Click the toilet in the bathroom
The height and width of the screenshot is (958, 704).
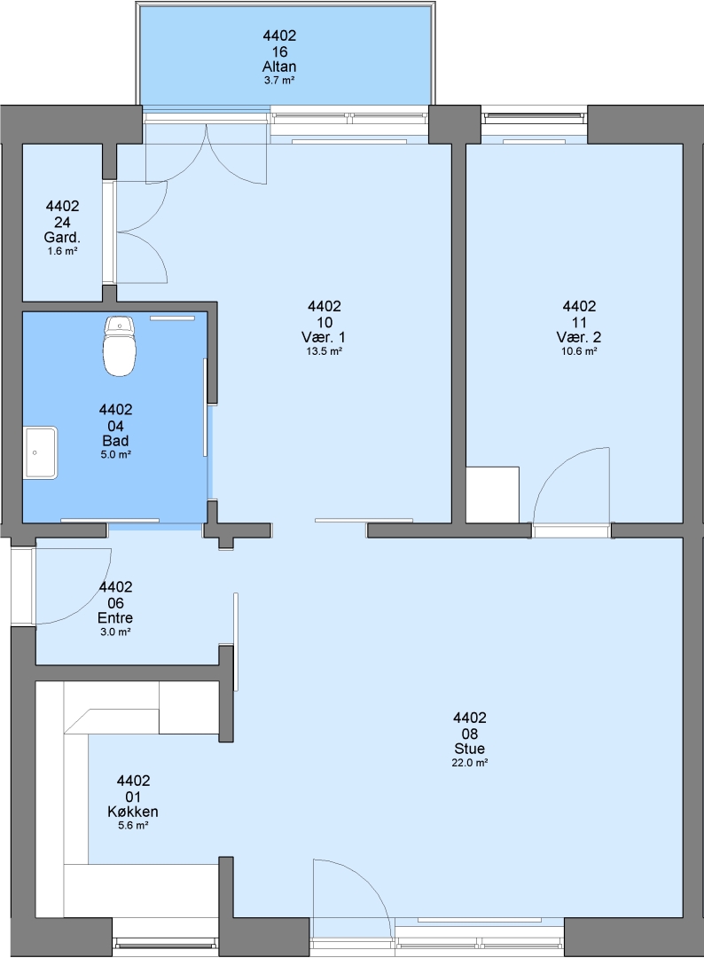pos(119,346)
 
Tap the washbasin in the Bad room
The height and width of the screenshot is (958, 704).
pos(41,452)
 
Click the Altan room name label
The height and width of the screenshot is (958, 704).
pos(279,67)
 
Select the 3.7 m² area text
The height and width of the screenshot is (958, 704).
pos(279,80)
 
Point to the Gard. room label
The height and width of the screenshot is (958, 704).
pos(62,237)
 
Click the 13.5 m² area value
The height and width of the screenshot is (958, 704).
pos(325,351)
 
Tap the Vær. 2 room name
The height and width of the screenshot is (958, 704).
pos(579,337)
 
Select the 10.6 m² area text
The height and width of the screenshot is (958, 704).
pos(579,351)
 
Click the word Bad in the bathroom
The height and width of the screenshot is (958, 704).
pos(115,441)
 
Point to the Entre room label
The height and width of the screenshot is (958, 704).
pos(115,617)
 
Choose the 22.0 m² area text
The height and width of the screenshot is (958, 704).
pos(470,763)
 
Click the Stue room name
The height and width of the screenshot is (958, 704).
pos(470,749)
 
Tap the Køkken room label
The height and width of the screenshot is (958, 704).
pos(133,812)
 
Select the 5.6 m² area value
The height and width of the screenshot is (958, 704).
pos(133,826)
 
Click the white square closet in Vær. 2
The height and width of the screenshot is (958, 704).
pos(493,495)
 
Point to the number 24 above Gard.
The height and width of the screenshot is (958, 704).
pos(62,222)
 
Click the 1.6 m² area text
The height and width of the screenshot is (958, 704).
pos(62,250)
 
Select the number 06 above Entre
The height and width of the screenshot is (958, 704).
pos(115,602)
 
